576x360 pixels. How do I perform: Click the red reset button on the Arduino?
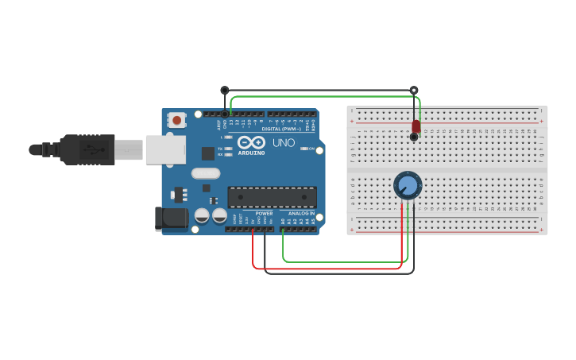[x=176, y=120]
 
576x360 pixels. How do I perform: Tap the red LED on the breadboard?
[x=416, y=126]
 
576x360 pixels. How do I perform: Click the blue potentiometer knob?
[x=408, y=186]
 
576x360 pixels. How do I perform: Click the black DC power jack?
[x=170, y=219]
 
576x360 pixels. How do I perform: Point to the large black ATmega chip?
[x=272, y=197]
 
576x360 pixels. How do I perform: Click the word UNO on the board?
[x=284, y=144]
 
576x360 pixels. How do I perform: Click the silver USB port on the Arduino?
[x=165, y=149]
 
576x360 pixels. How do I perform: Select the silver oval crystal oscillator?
[x=205, y=173]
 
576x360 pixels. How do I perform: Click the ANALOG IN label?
[x=301, y=214]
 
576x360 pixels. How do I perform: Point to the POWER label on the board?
[x=264, y=214]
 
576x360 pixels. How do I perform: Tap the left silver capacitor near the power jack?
[x=202, y=215]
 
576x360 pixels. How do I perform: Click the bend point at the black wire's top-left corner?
[x=225, y=91]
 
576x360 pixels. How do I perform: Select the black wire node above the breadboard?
[x=413, y=91]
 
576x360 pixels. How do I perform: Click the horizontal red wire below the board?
[x=326, y=269]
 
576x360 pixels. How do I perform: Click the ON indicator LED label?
[x=311, y=149]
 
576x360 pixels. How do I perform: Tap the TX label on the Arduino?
[x=220, y=149]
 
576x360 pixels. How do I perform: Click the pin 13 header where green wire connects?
[x=231, y=114]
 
